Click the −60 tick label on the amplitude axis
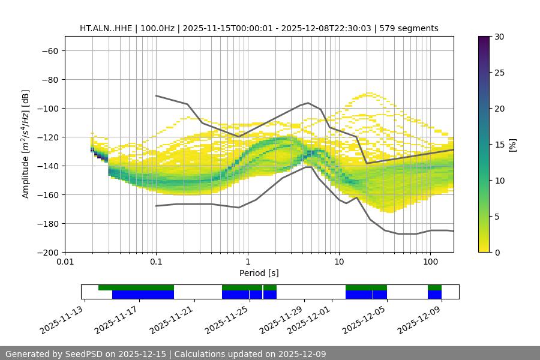(x=49, y=50)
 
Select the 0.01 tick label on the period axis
(x=65, y=262)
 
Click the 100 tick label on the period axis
(x=430, y=262)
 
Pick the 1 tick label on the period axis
(x=247, y=262)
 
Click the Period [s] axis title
(x=259, y=273)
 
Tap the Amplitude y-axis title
(x=26, y=144)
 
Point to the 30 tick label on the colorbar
(x=499, y=37)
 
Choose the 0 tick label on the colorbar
(x=496, y=252)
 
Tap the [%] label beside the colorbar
(x=512, y=144)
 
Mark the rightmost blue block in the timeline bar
(x=434, y=295)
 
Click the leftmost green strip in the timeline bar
(x=136, y=287)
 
